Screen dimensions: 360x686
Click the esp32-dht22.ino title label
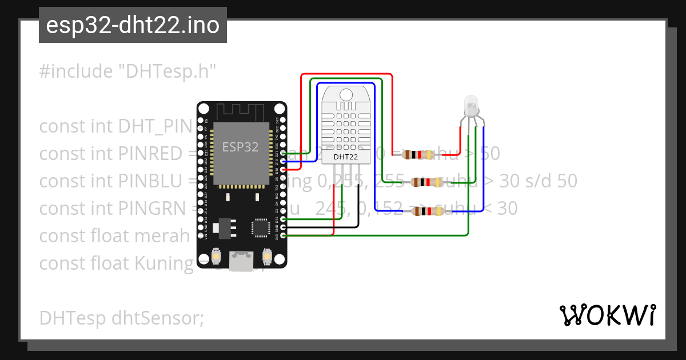(133, 26)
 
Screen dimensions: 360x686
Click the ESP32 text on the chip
(240, 147)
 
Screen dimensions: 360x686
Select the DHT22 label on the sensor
(346, 156)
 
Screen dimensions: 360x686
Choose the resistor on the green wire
(426, 182)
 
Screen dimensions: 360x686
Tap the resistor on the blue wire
(426, 211)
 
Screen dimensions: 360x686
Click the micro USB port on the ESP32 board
(241, 261)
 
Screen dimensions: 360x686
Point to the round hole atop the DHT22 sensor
(346, 95)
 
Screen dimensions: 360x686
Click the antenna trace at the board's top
(241, 111)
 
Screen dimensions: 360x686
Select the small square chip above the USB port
(261, 227)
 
